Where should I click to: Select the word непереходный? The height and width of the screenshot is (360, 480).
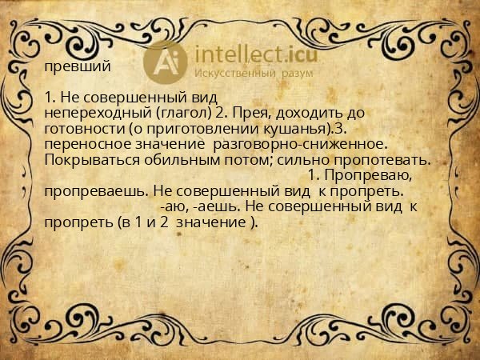(89, 113)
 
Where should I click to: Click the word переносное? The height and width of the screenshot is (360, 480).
(85, 144)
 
